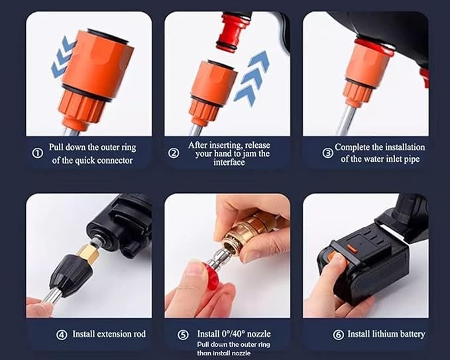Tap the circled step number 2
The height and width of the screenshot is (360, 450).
(x=174, y=153)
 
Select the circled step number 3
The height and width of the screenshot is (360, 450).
(x=327, y=152)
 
